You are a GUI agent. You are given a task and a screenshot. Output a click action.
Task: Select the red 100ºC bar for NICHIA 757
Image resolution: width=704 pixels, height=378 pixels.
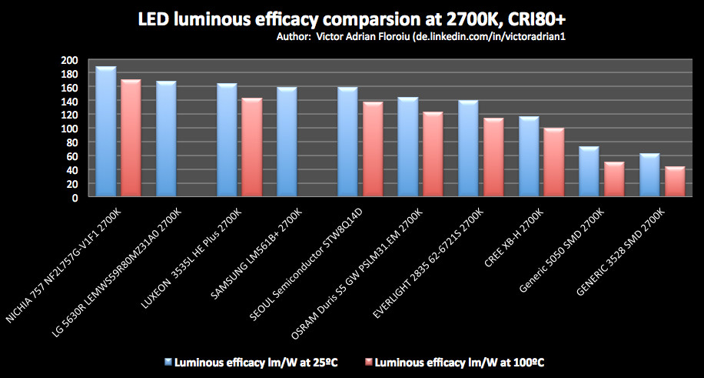pyautogui.click(x=131, y=139)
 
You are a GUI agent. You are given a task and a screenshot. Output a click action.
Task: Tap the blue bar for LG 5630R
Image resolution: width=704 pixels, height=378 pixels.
pyautogui.click(x=166, y=139)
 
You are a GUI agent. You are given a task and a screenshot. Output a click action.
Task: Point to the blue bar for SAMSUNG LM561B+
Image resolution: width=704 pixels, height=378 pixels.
pyautogui.click(x=287, y=142)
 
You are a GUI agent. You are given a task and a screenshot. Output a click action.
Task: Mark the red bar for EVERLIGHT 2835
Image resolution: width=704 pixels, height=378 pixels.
pyautogui.click(x=493, y=158)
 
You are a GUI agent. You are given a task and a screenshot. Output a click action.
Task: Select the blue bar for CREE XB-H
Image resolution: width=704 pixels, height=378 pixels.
pyautogui.click(x=529, y=157)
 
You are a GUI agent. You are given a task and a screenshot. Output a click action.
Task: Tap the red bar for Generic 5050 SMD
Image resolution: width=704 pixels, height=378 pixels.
pyautogui.click(x=614, y=179)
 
